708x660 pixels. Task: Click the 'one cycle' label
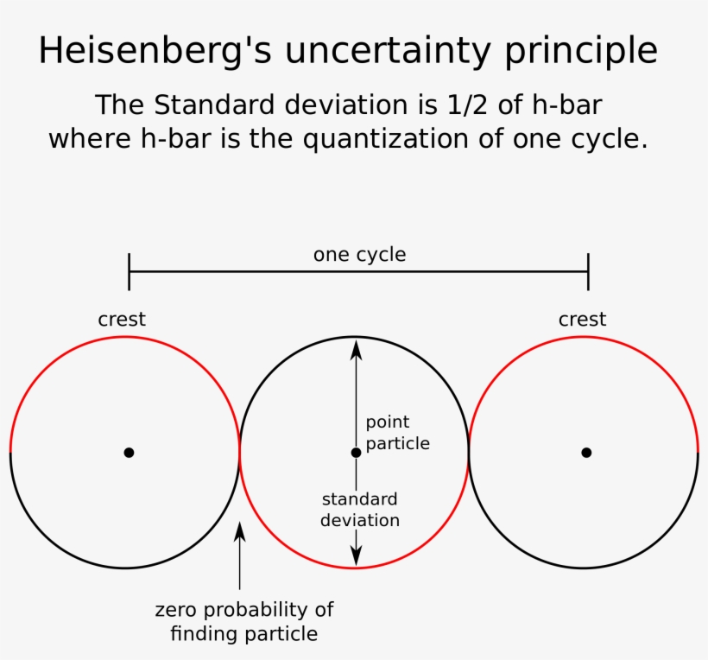359,255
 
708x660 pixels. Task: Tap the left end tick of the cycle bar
129,271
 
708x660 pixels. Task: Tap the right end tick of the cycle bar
588,271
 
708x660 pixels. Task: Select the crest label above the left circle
122,319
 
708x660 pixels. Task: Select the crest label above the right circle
582,319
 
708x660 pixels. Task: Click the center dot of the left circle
129,452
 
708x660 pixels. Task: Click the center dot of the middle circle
356,452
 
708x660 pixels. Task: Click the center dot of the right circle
586,452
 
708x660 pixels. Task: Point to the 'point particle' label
397,433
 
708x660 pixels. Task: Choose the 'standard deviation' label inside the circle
360,510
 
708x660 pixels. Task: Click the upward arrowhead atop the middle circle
356,347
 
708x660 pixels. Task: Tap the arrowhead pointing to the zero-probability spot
240,530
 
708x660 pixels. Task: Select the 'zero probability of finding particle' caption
244,621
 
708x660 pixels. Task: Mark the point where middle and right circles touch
469,452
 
